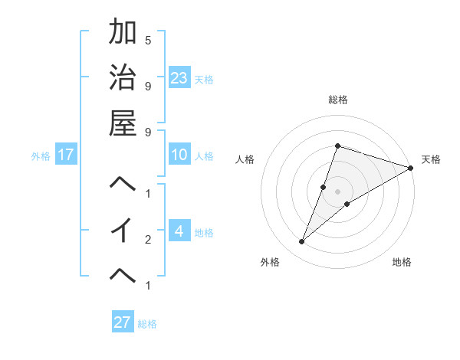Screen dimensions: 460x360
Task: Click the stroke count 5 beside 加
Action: [148, 39]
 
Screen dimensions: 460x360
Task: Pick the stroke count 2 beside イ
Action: [148, 240]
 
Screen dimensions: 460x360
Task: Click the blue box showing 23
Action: [179, 77]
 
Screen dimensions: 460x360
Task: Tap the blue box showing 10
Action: [179, 155]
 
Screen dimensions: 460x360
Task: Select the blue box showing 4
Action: [179, 231]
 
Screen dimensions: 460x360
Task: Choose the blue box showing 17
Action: [66, 155]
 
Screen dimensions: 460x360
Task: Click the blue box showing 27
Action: [123, 322]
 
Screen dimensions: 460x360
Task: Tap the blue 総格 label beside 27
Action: [147, 323]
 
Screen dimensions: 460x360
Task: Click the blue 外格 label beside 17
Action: [41, 156]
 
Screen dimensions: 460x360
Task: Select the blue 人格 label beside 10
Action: [204, 156]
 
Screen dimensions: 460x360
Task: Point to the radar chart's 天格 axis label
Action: [431, 159]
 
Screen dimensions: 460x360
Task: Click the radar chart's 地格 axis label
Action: [402, 262]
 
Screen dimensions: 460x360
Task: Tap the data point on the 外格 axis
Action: [302, 242]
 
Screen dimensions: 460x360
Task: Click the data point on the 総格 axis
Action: [337, 146]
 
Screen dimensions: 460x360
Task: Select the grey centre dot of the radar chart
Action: [337, 191]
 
